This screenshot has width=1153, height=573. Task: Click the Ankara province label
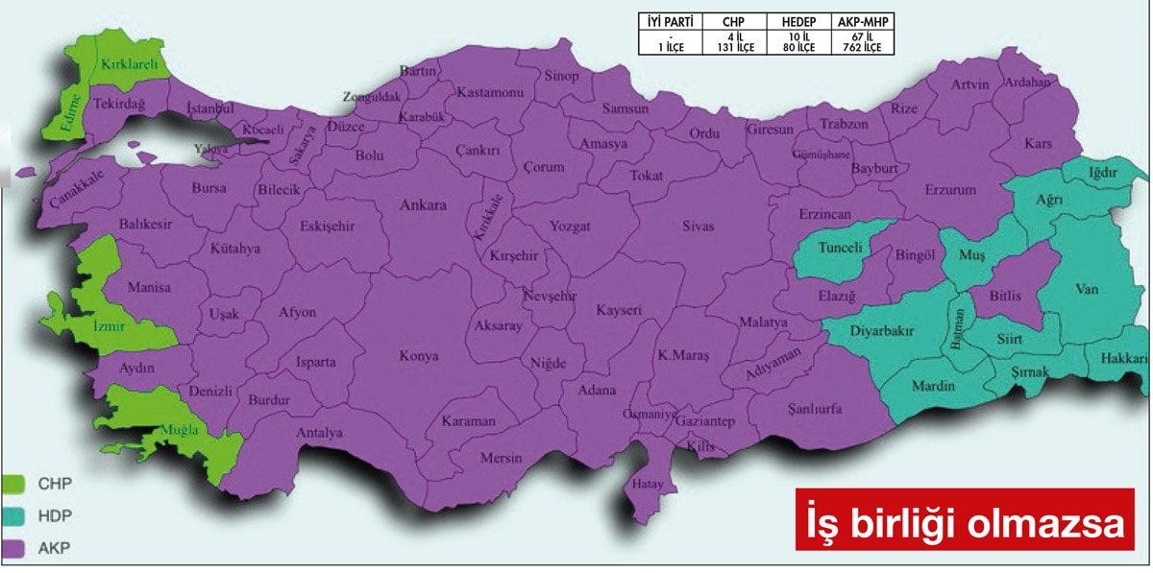click(424, 205)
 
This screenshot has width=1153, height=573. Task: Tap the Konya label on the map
click(419, 356)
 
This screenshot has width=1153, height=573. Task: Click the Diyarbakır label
click(881, 331)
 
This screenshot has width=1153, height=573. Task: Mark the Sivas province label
click(699, 227)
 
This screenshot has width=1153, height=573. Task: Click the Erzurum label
click(949, 190)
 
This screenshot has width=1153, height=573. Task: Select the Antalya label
click(319, 433)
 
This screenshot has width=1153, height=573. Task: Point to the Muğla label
click(181, 429)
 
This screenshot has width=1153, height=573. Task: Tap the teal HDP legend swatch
click(14, 515)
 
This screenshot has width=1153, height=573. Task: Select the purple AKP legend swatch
click(14, 548)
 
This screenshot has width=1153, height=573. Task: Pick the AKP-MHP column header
click(864, 20)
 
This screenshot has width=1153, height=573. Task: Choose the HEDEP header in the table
click(798, 20)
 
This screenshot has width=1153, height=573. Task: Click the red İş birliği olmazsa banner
click(965, 520)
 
